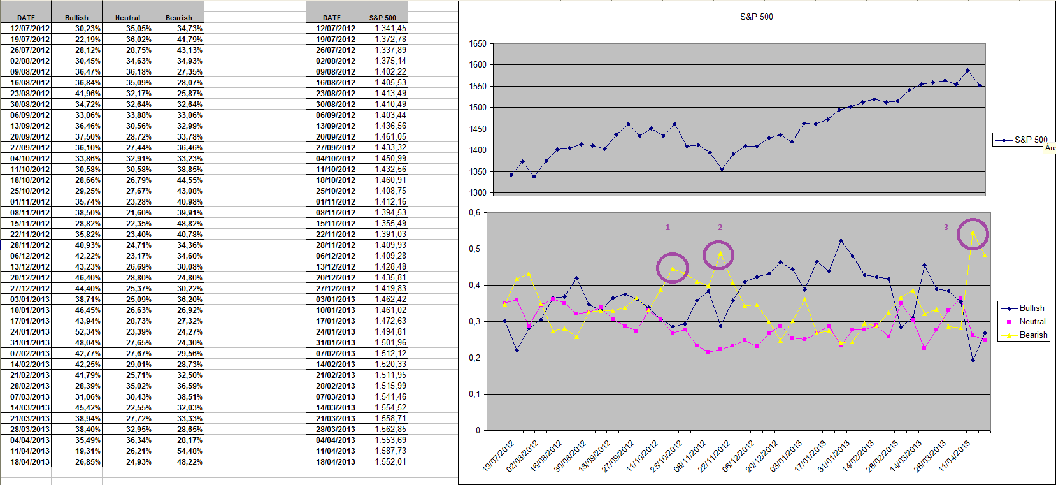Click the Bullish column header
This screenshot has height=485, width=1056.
coord(76,18)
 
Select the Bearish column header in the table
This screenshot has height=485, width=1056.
coord(178,18)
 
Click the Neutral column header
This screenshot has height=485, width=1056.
coord(127,18)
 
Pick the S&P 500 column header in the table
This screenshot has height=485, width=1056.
coord(382,18)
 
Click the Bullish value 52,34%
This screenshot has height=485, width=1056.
coord(88,331)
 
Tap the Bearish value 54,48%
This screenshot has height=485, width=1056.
coord(190,451)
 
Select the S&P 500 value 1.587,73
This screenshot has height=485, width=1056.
coord(390,451)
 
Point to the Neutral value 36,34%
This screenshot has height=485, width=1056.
coord(139,440)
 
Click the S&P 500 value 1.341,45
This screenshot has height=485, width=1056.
coord(390,28)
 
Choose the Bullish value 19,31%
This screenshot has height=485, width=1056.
coord(88,451)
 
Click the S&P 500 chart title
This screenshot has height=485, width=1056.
coord(756,17)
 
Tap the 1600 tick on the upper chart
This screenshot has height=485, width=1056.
coord(478,64)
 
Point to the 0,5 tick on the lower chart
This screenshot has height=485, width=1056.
coord(474,249)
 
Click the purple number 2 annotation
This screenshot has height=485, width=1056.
coord(720,227)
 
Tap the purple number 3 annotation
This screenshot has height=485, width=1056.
coord(946,227)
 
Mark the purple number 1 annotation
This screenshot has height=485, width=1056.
coord(667,227)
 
